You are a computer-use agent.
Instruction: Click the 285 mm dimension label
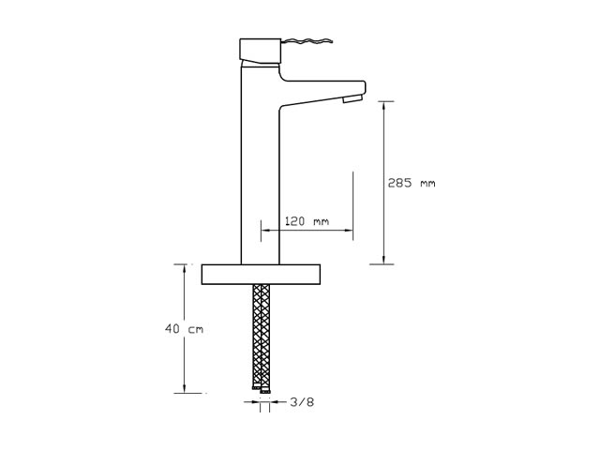412,183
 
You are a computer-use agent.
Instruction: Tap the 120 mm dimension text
307,221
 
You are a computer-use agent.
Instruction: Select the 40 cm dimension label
184,329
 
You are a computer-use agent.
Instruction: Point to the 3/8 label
302,402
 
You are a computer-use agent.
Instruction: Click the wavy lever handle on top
307,41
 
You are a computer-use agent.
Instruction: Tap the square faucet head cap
261,52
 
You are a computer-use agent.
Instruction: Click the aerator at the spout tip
352,98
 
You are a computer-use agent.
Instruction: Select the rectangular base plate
261,275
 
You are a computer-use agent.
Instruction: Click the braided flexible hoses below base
261,337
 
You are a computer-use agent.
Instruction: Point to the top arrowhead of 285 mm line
383,105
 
